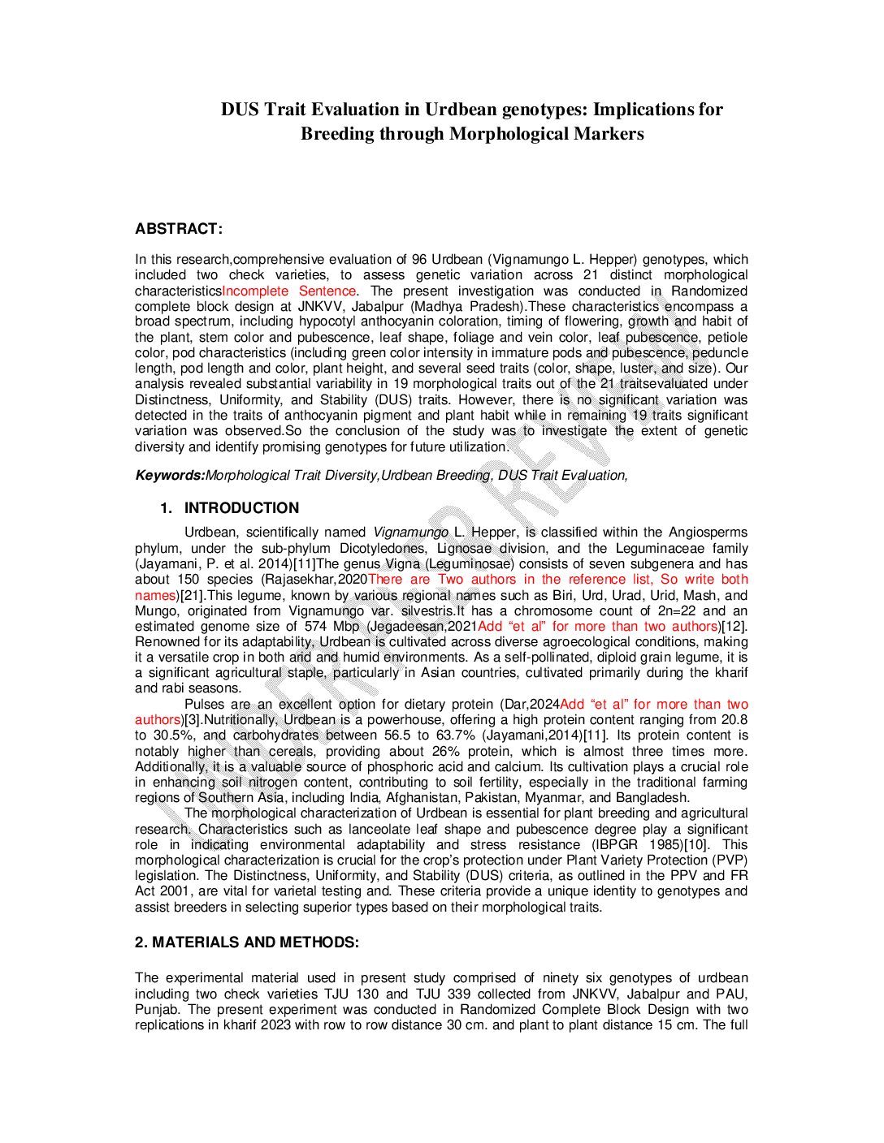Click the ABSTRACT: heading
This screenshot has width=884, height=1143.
(179, 229)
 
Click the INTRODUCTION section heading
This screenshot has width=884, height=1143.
(241, 508)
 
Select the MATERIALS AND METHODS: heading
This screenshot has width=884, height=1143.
(247, 942)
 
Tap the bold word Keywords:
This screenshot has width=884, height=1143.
(169, 476)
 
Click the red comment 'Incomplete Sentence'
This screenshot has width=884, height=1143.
(288, 291)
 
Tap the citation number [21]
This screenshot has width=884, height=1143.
(193, 595)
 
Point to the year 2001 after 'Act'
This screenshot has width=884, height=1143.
(176, 891)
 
